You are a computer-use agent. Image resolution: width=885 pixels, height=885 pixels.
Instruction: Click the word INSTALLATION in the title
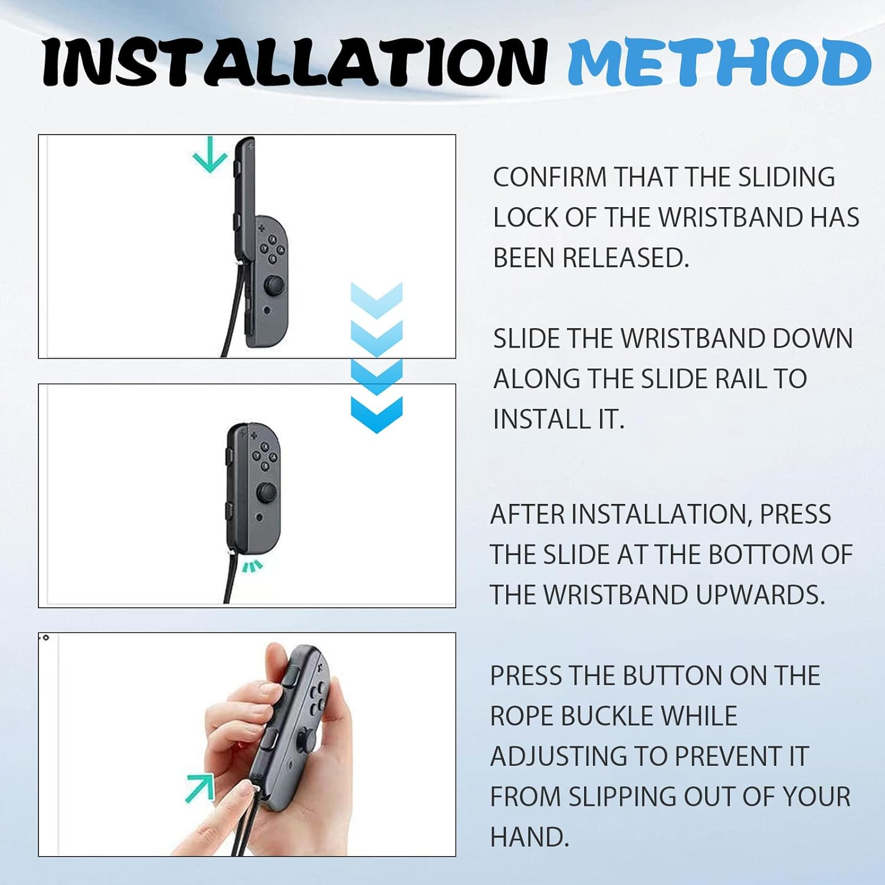[295, 62]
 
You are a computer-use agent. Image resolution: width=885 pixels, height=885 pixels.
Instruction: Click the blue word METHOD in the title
[719, 62]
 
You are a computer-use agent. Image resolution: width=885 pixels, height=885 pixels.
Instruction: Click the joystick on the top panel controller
[273, 286]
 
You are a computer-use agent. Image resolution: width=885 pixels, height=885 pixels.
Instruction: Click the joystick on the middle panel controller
[267, 491]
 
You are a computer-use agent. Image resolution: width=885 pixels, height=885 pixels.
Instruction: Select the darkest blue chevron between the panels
[376, 414]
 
